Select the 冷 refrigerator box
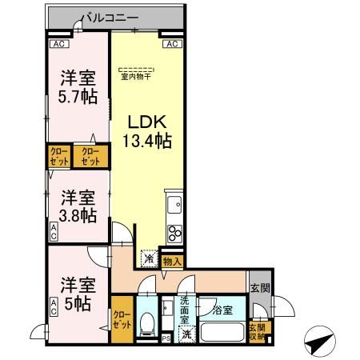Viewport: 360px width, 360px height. [149, 259]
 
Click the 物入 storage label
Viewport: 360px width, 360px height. [172, 260]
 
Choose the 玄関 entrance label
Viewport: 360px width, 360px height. [259, 289]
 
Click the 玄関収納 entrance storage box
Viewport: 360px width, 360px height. [256, 330]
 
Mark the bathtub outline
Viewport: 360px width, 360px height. [220, 333]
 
